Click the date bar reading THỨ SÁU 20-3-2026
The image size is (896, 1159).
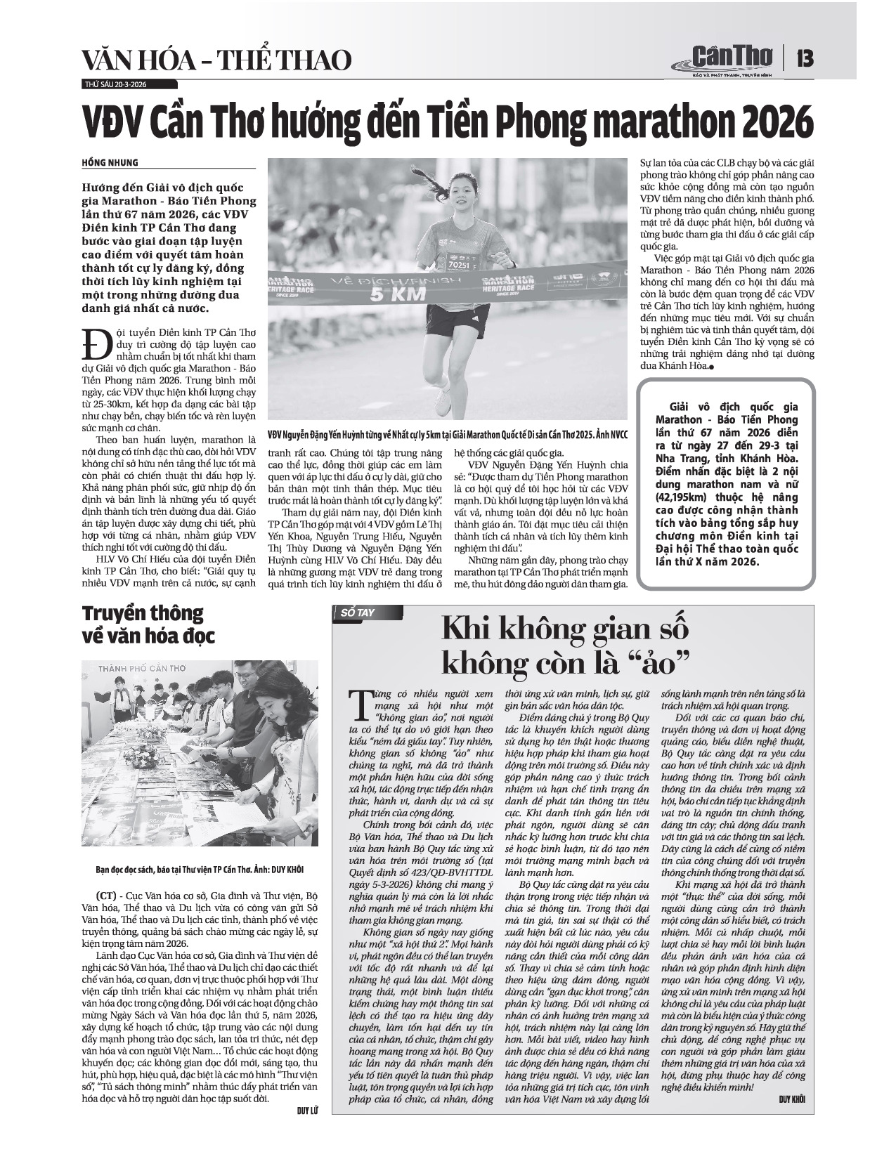click(x=116, y=84)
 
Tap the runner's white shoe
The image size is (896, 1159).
click(x=443, y=402)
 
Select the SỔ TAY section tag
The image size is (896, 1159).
click(x=358, y=613)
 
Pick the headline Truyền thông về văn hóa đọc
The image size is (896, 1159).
click(x=149, y=624)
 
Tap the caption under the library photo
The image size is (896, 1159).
click(x=200, y=869)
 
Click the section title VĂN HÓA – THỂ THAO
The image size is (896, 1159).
click(x=216, y=60)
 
